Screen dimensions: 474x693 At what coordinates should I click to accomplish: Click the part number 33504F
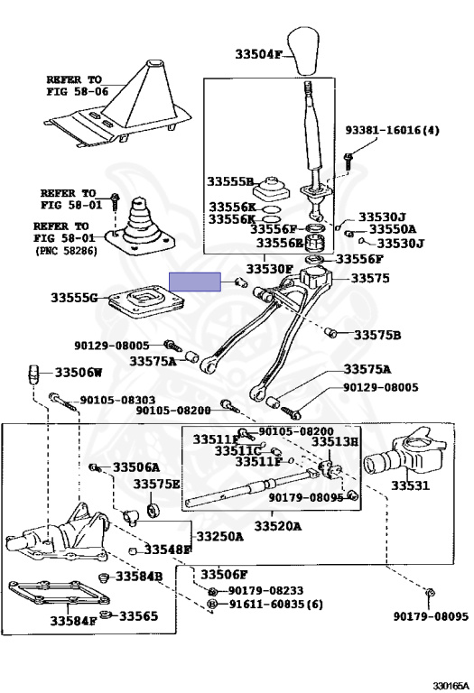tap(258, 54)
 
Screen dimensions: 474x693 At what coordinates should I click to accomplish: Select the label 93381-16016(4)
tap(392, 130)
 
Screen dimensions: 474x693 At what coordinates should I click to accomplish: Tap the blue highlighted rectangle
tap(195, 282)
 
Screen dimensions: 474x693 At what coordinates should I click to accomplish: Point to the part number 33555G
tap(74, 298)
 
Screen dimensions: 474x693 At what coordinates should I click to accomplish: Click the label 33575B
tap(377, 335)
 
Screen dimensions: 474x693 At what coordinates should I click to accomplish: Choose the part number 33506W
tap(79, 373)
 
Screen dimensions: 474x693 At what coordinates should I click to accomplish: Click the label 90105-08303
tap(117, 400)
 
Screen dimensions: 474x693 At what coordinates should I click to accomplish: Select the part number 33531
tap(410, 485)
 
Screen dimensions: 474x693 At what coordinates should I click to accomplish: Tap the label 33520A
tap(278, 526)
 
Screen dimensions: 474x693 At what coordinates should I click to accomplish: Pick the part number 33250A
tap(219, 536)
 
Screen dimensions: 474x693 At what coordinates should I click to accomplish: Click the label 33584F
tap(73, 621)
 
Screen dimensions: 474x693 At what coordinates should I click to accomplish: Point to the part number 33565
tap(138, 615)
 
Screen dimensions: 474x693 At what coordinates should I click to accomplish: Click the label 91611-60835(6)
tap(276, 604)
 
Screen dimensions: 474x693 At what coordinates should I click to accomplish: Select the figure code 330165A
tap(450, 686)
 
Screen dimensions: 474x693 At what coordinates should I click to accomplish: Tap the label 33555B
tap(230, 181)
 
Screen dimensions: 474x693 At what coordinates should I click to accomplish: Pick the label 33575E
tap(156, 484)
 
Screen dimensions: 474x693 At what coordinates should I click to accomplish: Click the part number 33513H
tap(335, 441)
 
